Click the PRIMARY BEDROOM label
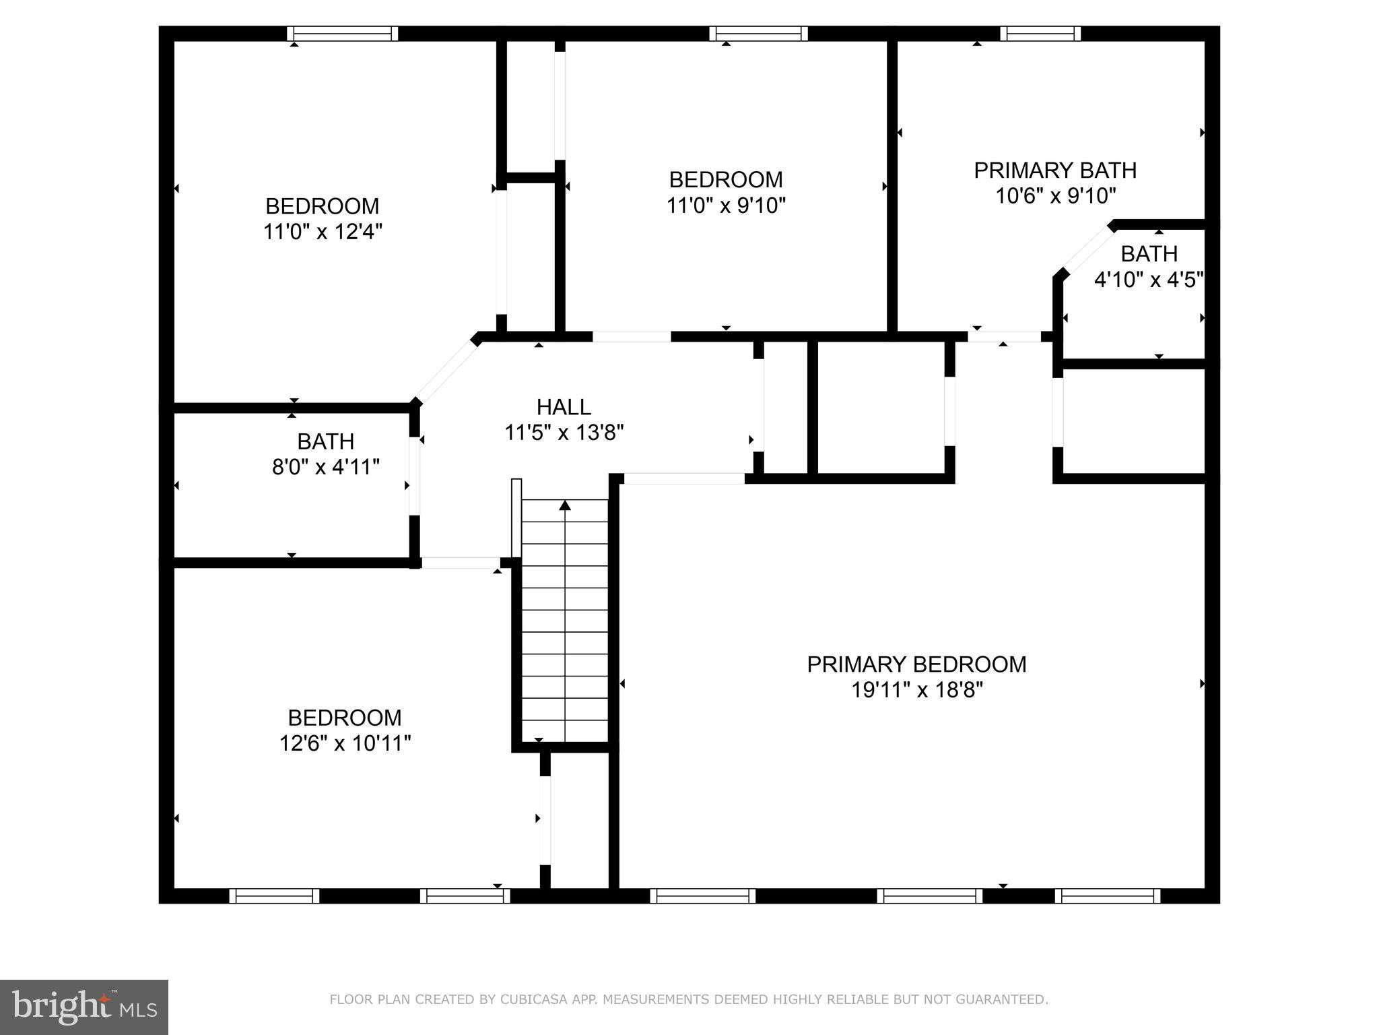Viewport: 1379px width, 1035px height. coord(916,664)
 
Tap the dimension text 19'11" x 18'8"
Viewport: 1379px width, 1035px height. coord(916,690)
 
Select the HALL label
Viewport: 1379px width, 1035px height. coord(564,407)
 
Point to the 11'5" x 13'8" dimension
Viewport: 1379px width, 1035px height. coord(564,433)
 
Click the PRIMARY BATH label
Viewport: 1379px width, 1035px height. coord(1055,170)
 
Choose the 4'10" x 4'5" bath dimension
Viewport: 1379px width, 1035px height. coord(1149,280)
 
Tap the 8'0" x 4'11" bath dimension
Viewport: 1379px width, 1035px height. coord(326,467)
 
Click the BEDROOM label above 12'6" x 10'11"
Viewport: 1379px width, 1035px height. coord(345,718)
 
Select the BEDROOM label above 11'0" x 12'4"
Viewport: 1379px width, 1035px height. coord(323,206)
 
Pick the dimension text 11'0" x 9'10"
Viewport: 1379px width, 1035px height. coord(726,206)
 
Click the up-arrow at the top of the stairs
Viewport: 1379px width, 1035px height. coord(565,505)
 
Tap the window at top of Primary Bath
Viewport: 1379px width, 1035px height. coord(1040,34)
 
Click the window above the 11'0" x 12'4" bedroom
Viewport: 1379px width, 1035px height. coord(343,34)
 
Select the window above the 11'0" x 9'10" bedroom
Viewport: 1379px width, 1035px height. coord(758,34)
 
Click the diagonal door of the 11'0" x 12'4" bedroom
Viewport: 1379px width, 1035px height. coord(446,372)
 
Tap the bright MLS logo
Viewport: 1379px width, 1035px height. coord(84,1007)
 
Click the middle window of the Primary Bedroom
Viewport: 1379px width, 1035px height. coord(930,896)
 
